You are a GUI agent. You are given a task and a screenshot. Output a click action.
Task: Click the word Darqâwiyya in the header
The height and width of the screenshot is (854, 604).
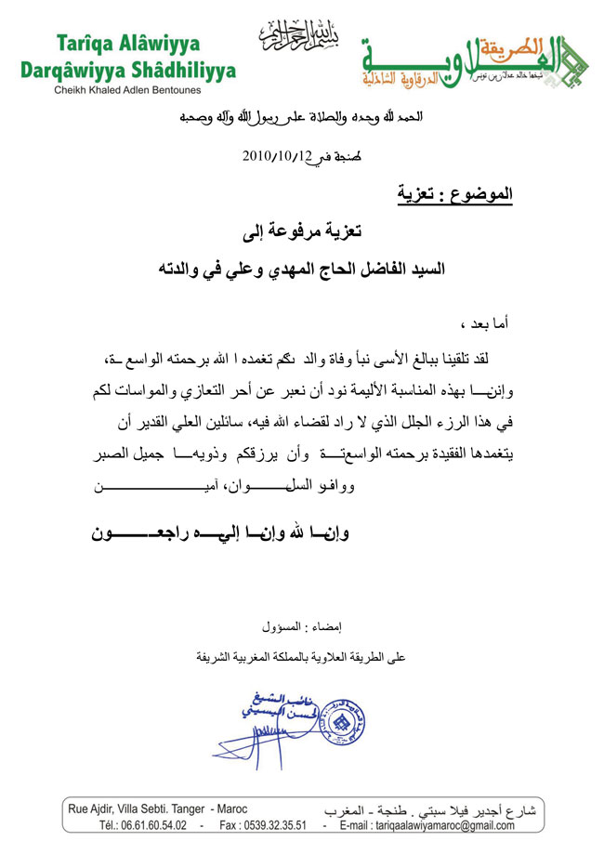pos(72,70)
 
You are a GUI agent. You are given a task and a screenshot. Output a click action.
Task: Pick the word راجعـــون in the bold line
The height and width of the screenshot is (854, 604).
pos(137,534)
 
